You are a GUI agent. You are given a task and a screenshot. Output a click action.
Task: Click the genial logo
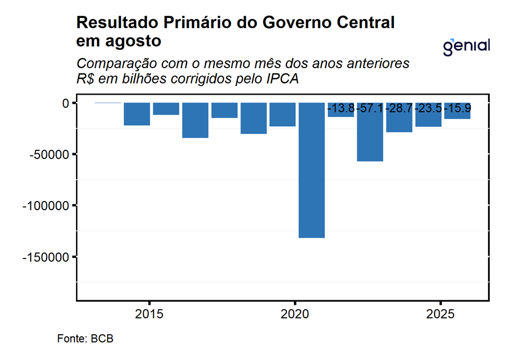coord(466,46)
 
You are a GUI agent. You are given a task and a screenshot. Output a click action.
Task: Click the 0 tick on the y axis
coord(65,103)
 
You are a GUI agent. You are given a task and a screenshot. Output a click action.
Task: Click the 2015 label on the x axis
coord(149,313)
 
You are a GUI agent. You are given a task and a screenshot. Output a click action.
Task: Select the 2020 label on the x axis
coord(295,313)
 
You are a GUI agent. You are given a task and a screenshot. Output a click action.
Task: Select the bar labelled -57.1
coord(370,135)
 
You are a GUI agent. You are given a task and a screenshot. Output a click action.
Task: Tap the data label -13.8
coord(341,108)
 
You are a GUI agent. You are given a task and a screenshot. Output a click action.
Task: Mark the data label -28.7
coord(399,108)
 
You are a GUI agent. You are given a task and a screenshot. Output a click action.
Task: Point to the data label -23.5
coord(428,108)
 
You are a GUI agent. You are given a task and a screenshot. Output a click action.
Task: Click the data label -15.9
coord(458,108)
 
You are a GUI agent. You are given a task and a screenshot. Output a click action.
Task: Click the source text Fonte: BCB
coord(85,339)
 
